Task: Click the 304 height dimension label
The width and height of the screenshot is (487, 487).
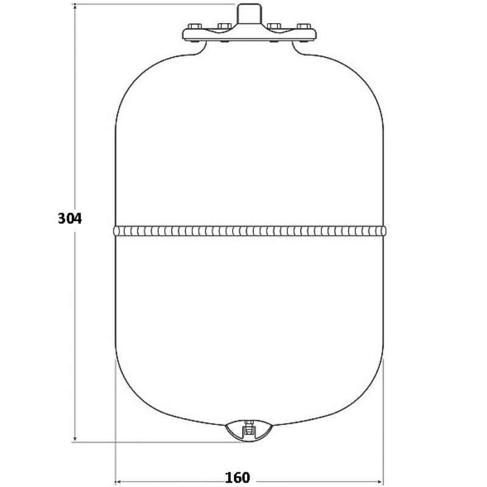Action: click(x=70, y=219)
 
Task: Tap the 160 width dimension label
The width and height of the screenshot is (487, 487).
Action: click(x=237, y=477)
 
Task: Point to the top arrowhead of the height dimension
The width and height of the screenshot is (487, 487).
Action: click(x=75, y=7)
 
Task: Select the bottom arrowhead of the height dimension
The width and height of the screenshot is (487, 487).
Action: click(x=75, y=438)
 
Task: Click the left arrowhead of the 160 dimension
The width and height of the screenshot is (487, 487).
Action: click(x=118, y=480)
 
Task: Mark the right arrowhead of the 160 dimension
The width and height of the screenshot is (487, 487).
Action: click(x=381, y=480)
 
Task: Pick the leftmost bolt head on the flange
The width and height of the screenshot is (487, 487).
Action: click(x=195, y=26)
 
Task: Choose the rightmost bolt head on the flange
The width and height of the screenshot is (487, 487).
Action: click(x=304, y=26)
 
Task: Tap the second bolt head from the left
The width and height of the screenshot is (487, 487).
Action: click(x=224, y=26)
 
